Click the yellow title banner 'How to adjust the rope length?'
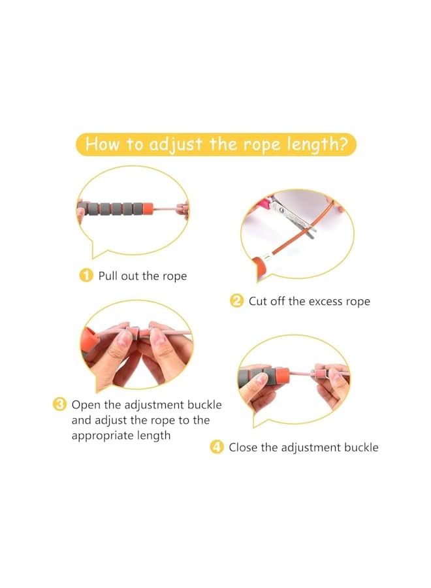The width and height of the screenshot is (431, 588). (215, 144)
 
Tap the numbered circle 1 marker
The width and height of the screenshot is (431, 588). (86, 276)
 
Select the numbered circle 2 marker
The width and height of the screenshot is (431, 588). (236, 301)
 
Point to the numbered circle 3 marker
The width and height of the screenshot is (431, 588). (59, 405)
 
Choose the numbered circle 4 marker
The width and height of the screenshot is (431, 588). (216, 448)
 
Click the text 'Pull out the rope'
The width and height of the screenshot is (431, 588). (142, 276)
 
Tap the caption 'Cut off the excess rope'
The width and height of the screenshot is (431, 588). (309, 301)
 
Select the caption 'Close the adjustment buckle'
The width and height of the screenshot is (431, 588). (303, 448)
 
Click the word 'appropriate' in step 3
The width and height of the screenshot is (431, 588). (101, 436)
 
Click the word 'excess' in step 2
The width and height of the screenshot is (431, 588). (327, 301)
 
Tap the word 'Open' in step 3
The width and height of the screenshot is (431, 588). (86, 405)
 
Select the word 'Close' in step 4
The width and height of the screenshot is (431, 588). (243, 448)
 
